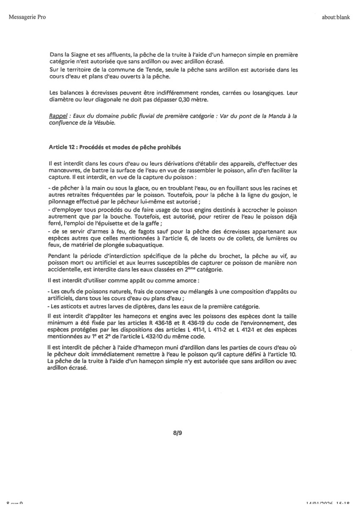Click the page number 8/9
tap(179, 432)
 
